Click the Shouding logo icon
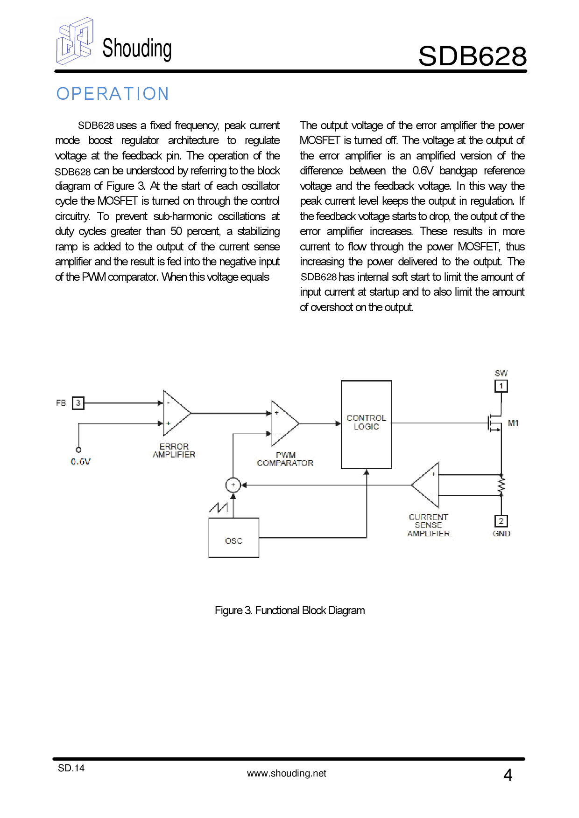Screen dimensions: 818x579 (75, 41)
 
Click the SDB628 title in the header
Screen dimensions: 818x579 (472, 56)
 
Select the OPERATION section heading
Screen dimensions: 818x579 (113, 94)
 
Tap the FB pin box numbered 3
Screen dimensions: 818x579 (78, 403)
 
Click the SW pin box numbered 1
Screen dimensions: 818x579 (501, 386)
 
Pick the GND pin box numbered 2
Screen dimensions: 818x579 (501, 521)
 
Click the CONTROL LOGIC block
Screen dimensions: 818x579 (367, 424)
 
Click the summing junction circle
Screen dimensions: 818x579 (233, 485)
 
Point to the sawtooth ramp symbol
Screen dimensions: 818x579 (219, 507)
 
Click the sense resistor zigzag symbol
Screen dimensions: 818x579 (501, 485)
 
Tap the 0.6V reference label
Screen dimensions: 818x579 (81, 462)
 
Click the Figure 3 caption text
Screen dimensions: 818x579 (289, 610)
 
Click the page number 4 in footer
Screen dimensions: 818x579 (508, 775)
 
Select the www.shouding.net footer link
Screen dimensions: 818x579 (286, 773)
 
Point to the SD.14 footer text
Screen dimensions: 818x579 (71, 768)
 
